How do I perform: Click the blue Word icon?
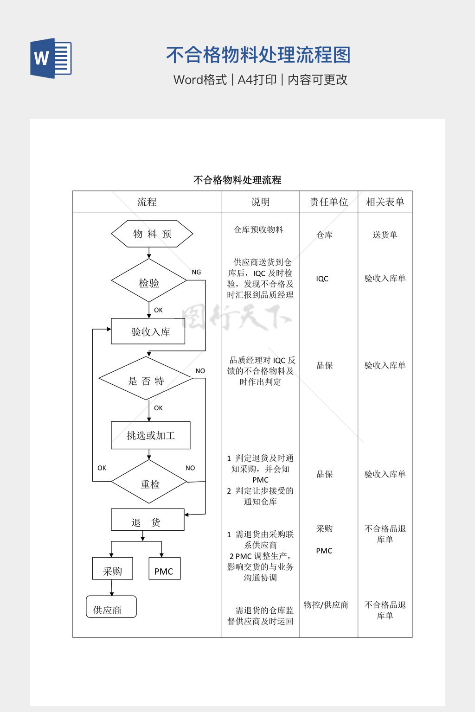pos(51,58)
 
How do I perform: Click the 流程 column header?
pos(147,202)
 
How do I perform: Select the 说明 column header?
pos(260,202)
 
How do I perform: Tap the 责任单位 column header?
pos(328,202)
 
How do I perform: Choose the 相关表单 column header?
pos(385,202)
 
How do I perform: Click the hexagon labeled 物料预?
pos(152,234)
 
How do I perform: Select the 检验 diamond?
pos(149,282)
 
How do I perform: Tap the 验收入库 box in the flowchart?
pos(148,331)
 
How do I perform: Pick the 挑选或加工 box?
pos(151,435)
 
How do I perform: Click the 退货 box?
pos(148,521)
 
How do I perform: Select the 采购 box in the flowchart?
pos(113,569)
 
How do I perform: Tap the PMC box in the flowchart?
pos(164,569)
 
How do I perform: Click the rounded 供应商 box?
pos(111,607)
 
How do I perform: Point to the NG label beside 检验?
pos(196,273)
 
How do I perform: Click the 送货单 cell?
pos(385,235)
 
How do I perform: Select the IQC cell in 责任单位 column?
pos(322,279)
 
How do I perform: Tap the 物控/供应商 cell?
pos(326,605)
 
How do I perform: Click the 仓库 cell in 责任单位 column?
pos(325,235)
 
